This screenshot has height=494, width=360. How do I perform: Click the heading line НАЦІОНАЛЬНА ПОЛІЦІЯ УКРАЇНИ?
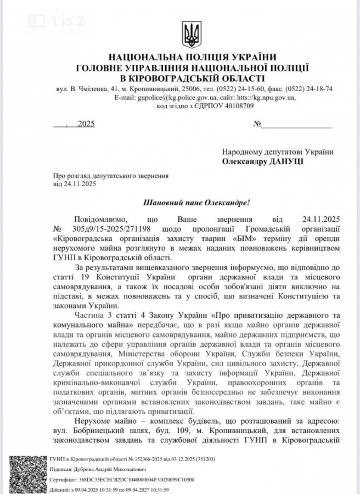click(192, 57)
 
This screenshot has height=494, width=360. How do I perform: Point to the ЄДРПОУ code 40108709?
click(238, 106)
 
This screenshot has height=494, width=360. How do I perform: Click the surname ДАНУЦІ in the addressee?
click(284, 162)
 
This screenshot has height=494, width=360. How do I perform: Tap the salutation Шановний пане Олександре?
click(196, 202)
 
